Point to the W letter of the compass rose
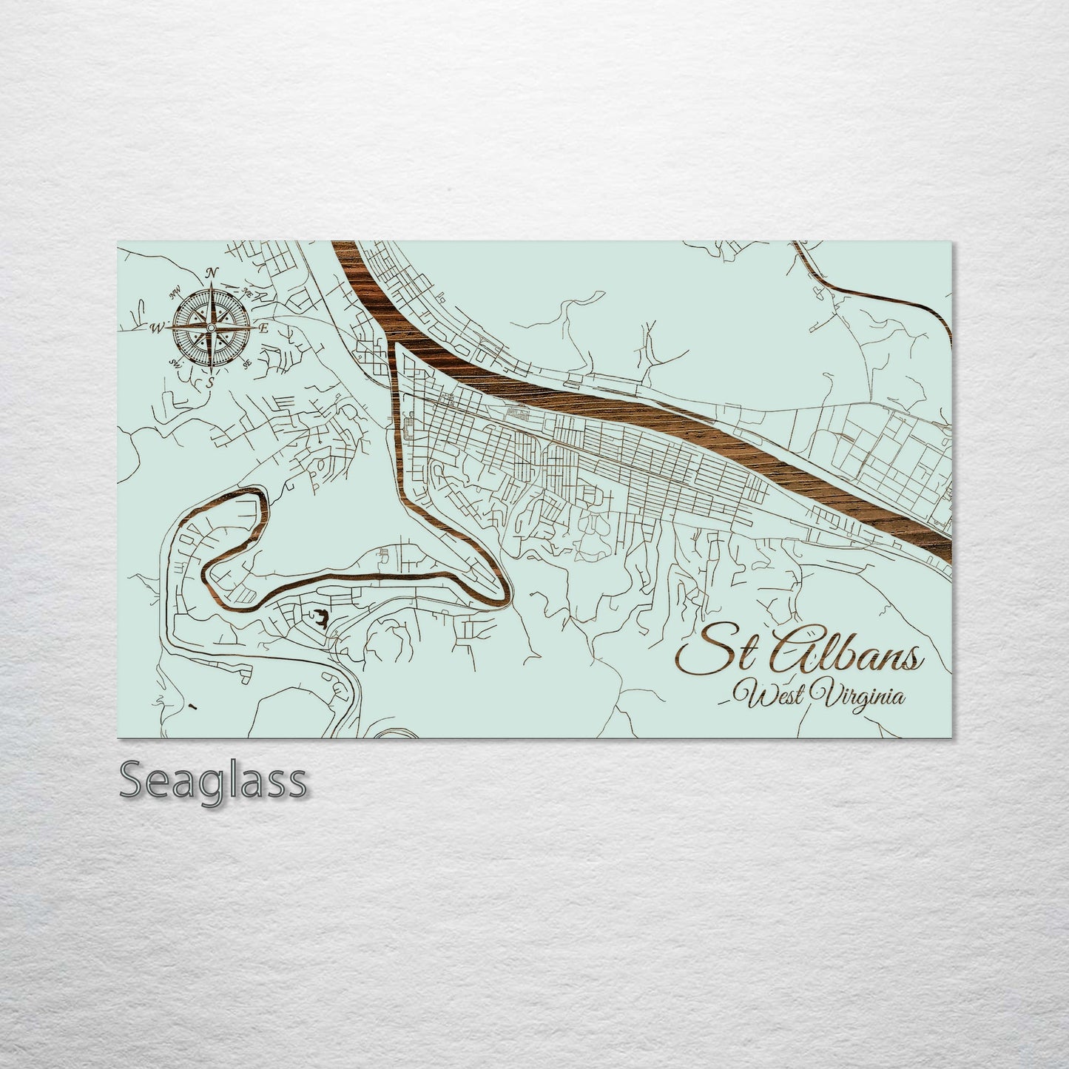click(x=157, y=327)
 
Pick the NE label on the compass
click(x=247, y=293)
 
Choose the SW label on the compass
click(x=176, y=362)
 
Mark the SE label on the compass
click(x=246, y=362)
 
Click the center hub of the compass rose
click(x=211, y=327)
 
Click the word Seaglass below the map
click(x=212, y=780)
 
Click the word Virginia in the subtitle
click(x=858, y=696)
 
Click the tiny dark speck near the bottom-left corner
click(x=193, y=707)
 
